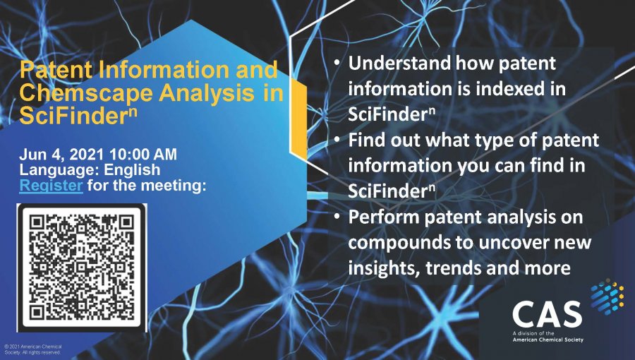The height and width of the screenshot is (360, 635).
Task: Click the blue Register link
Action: pos(52,186)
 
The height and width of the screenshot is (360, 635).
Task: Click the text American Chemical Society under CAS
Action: pos(548,340)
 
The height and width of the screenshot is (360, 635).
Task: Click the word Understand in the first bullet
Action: pos(400,64)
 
